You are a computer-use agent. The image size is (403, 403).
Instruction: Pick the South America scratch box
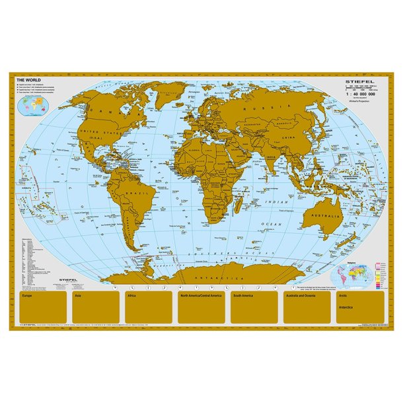tap(254, 307)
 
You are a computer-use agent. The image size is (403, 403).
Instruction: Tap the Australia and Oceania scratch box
tap(307, 307)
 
